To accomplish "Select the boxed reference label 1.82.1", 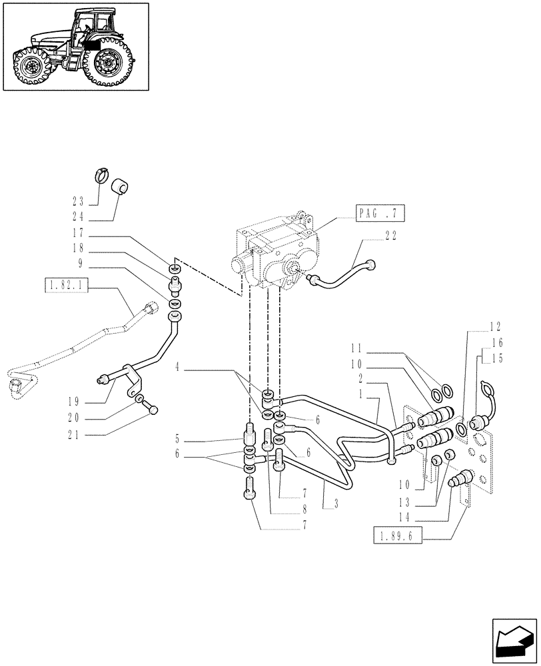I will click(66, 287).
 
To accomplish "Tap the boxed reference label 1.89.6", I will click(398, 537).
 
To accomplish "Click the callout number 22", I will click(392, 235).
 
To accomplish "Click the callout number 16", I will click(497, 342).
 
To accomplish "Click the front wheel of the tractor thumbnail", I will click(29, 67).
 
